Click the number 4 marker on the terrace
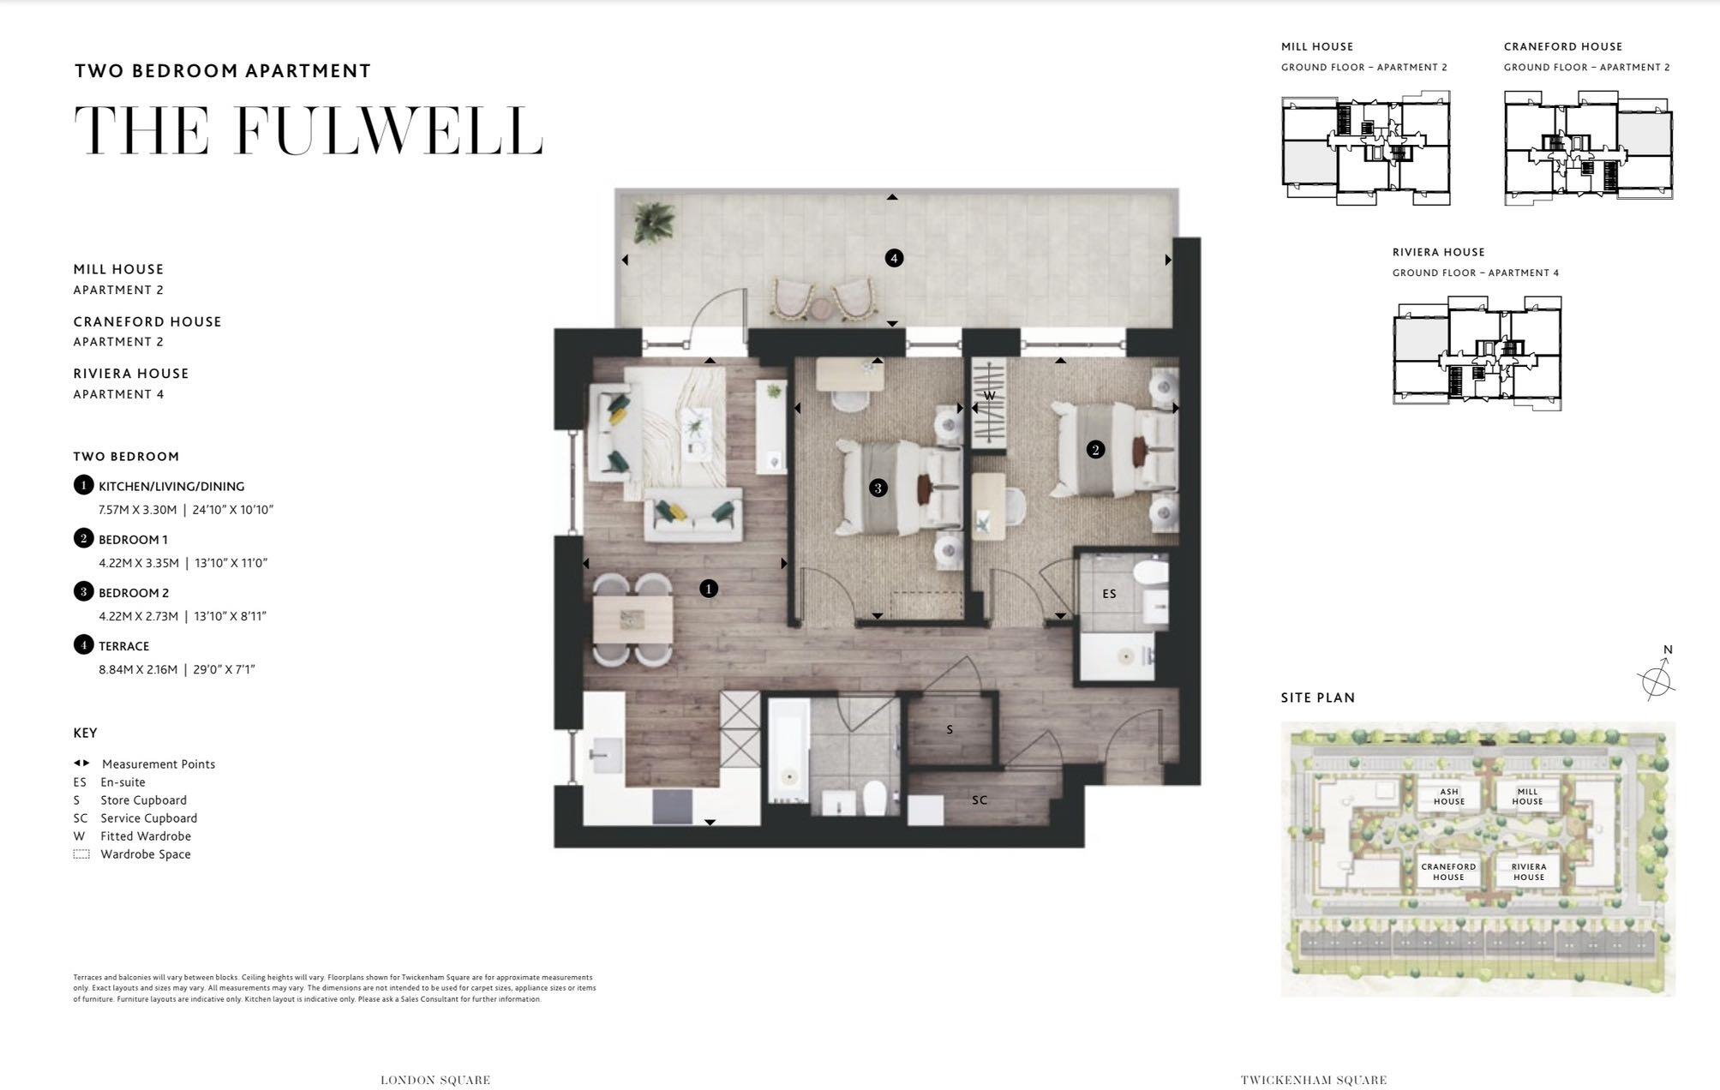(894, 258)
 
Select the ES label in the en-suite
(1109, 593)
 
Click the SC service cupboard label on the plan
(980, 800)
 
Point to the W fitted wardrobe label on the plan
(989, 396)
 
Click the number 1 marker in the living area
(708, 589)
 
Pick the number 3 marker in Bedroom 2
(878, 488)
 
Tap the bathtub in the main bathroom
(788, 750)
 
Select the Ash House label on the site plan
(1448, 797)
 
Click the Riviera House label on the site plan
(1528, 871)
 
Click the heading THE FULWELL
(309, 131)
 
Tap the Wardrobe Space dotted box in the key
(81, 854)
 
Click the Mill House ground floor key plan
(1365, 150)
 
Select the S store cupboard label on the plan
(950, 729)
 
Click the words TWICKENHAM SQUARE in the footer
(1313, 1080)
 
